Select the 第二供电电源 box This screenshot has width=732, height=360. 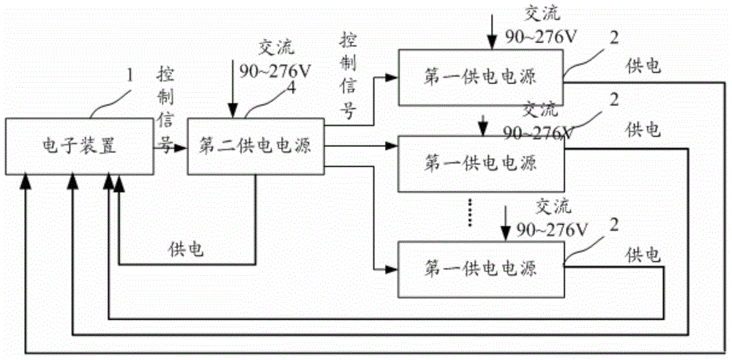click(x=255, y=146)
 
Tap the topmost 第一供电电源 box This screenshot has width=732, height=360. click(x=480, y=75)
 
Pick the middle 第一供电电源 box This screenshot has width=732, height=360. click(x=480, y=162)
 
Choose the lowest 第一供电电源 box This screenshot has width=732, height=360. click(x=480, y=269)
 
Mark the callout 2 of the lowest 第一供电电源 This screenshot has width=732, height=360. click(x=613, y=223)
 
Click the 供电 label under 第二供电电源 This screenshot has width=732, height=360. click(x=184, y=250)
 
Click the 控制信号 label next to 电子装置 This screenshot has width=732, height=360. click(x=167, y=110)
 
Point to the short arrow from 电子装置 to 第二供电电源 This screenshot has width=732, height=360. click(x=179, y=146)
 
